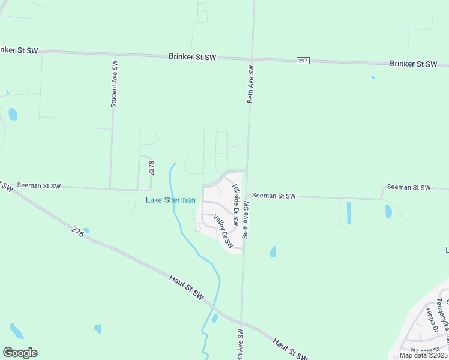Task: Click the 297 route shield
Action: [x=302, y=61]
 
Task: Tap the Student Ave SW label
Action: [x=113, y=83]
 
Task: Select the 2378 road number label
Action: [x=151, y=167]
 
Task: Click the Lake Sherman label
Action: [x=170, y=200]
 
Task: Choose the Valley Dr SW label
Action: [x=223, y=232]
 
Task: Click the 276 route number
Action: [x=76, y=230]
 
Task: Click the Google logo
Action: [x=20, y=353]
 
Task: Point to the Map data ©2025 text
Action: [x=424, y=355]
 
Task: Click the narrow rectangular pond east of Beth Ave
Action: [x=349, y=212]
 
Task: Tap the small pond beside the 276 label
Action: [x=86, y=230]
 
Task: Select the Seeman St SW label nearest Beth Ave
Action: [x=274, y=196]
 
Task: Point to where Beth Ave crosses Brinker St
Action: [x=252, y=59]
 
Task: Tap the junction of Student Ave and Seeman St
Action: [x=110, y=188]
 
